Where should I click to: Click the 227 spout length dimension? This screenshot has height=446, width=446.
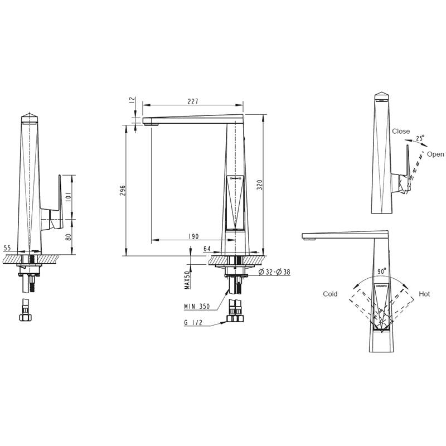(x=193, y=101)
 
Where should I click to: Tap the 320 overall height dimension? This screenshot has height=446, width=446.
(x=260, y=185)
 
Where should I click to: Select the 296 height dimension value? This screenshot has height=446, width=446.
(x=122, y=190)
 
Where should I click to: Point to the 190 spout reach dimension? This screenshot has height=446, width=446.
(x=193, y=236)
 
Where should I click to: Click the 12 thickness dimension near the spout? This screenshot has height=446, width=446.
(x=132, y=100)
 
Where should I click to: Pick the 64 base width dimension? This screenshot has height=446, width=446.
(x=207, y=249)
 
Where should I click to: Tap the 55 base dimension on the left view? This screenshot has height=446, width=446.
(x=7, y=248)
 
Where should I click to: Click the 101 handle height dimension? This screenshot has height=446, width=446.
(x=68, y=197)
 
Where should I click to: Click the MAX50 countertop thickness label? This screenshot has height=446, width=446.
(x=187, y=280)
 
